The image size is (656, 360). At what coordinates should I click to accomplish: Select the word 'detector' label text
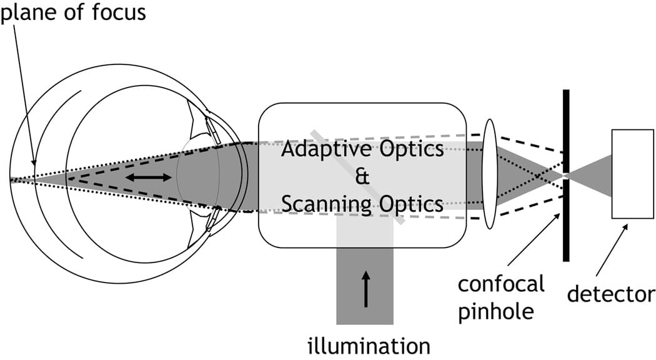click(x=611, y=294)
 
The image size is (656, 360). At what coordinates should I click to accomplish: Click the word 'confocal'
click(x=501, y=284)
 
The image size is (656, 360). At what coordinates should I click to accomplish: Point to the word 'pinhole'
click(x=497, y=311)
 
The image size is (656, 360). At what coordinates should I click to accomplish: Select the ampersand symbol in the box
click(x=362, y=177)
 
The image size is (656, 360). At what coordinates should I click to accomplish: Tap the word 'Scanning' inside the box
click(x=324, y=204)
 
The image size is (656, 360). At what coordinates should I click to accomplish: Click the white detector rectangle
click(x=632, y=173)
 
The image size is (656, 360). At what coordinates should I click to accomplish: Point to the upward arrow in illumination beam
click(x=365, y=288)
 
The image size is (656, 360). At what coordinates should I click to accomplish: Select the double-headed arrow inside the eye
click(x=149, y=177)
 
